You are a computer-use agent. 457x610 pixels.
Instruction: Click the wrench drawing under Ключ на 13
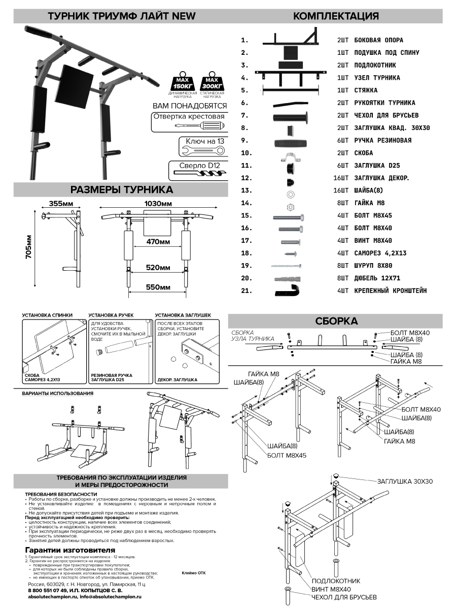[x=202, y=150]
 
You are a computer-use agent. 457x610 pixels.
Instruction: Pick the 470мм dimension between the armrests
[x=158, y=242]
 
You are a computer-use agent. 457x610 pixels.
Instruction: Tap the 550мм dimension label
[x=157, y=287]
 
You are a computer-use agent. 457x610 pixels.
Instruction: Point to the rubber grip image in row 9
[x=291, y=141]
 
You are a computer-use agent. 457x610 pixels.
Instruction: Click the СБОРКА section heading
[x=336, y=321]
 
